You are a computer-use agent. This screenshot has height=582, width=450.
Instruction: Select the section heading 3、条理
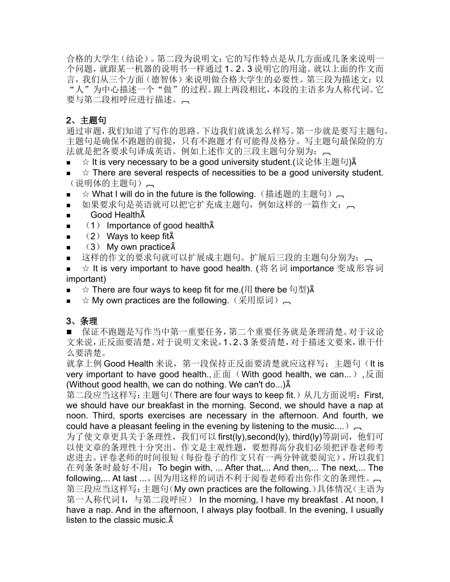click(x=82, y=321)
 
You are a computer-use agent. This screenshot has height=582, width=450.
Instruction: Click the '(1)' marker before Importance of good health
click(x=92, y=226)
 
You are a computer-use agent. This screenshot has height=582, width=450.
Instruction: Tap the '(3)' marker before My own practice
click(x=92, y=247)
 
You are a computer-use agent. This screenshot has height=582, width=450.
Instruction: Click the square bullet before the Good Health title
click(x=69, y=215)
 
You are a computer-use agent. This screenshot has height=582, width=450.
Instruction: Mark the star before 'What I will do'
click(x=86, y=194)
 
